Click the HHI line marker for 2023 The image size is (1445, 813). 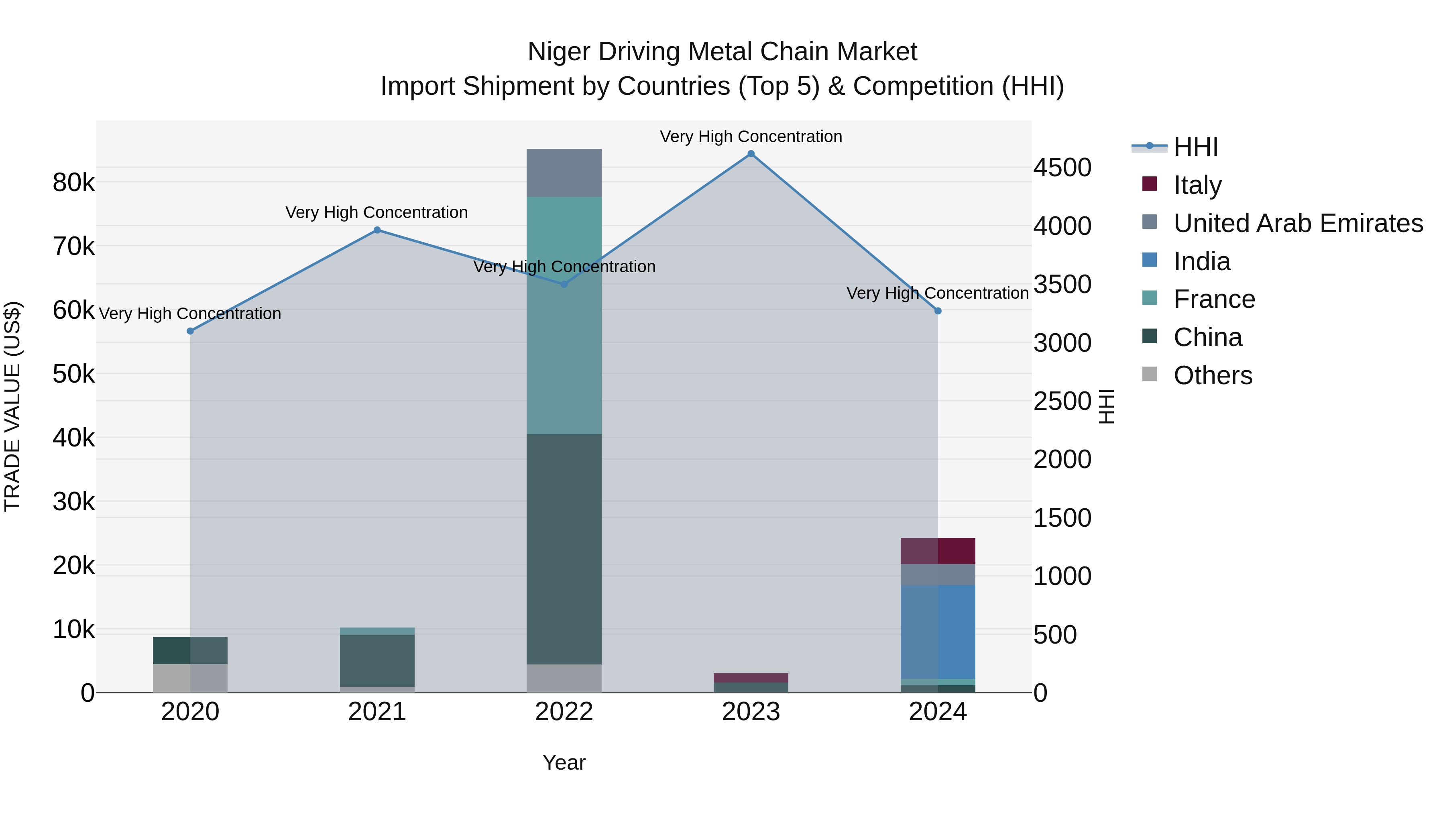pos(751,154)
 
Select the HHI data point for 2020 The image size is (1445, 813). pos(190,331)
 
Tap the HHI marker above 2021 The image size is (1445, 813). pos(377,230)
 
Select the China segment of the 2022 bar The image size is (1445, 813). pos(564,550)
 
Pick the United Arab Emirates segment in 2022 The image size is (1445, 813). pos(564,173)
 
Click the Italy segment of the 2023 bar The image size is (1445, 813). pos(751,678)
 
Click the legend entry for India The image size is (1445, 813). pos(1201,261)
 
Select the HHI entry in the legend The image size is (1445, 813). pos(1195,147)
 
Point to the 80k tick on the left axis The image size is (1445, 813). pos(73,182)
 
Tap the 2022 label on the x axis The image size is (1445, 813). pos(564,712)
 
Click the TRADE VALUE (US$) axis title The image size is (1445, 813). pos(13,406)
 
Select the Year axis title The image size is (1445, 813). pos(564,762)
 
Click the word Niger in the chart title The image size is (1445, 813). pos(559,52)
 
